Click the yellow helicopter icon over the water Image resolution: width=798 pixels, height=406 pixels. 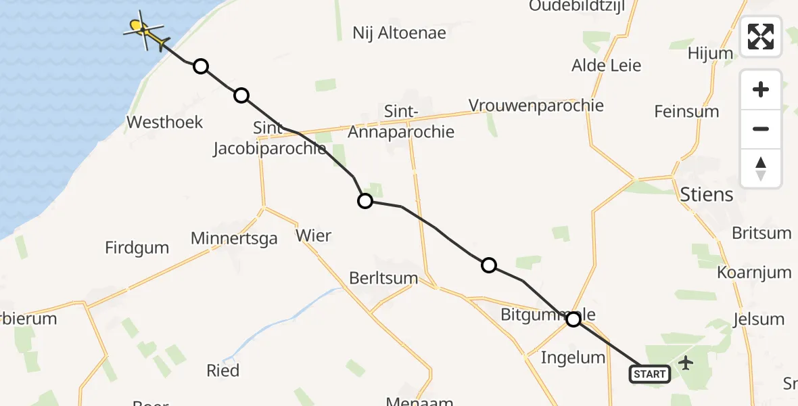coord(145,30)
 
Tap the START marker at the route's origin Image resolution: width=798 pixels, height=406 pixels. coord(650,374)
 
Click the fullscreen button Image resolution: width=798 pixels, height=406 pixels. coord(761,37)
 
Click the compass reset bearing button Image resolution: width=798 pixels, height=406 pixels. coord(761,168)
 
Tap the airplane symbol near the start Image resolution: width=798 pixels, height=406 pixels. coord(686,363)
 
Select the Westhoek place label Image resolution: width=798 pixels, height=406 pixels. coord(165,122)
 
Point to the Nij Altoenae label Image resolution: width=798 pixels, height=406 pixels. coord(400,32)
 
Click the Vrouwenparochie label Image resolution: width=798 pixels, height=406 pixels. coord(536,106)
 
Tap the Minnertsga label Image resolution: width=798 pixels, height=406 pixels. coord(234,238)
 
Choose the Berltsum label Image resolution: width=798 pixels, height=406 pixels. coord(383,278)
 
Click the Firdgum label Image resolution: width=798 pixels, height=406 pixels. coord(137,248)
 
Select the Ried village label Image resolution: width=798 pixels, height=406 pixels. coord(223,370)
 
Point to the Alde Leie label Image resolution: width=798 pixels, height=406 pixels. coord(606,66)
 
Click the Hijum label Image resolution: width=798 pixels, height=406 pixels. coord(710,53)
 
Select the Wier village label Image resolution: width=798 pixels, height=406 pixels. coord(314,235)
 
